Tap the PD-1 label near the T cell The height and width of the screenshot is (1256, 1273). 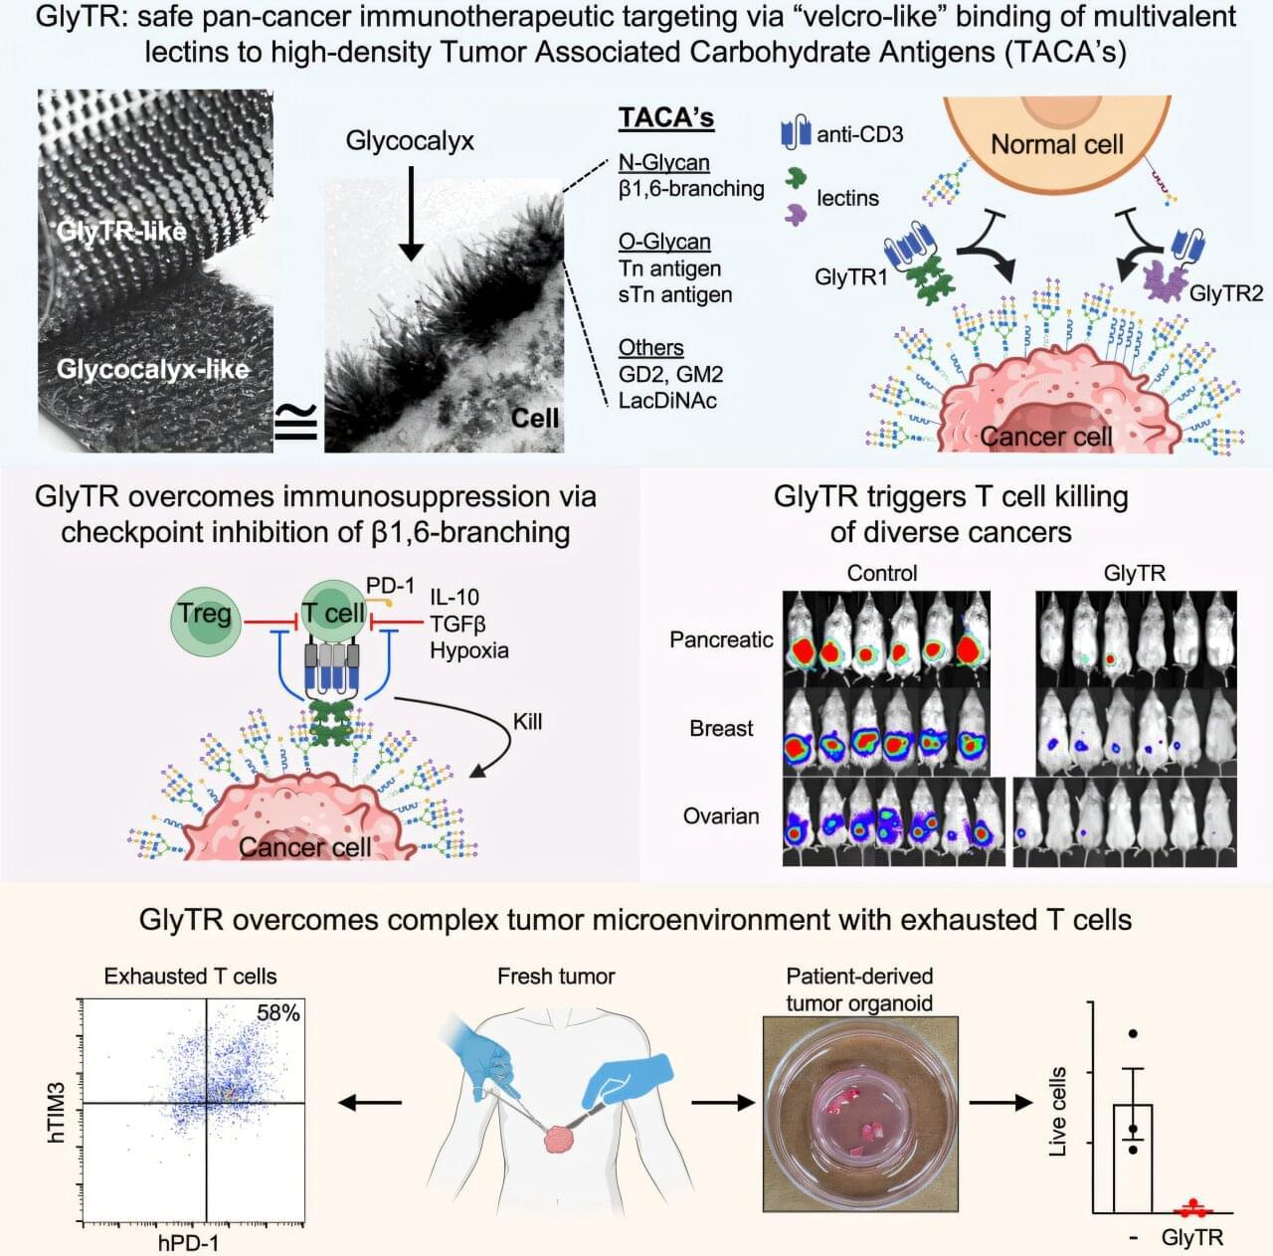390,586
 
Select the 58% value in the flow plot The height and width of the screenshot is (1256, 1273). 278,1012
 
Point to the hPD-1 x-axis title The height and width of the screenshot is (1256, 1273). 188,1242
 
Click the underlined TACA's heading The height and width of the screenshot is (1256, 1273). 665,117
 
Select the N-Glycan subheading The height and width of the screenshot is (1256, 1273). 663,162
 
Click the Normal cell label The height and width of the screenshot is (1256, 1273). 1056,144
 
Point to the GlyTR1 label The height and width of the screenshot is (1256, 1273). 850,276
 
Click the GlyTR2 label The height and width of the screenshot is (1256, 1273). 1225,293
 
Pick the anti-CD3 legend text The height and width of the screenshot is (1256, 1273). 859,133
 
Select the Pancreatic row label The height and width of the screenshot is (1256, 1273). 721,639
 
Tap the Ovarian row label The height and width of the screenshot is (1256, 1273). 721,816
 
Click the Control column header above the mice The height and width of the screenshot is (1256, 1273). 882,573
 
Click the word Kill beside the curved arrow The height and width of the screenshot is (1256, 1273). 527,721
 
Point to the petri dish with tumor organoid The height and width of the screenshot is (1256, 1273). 860,1115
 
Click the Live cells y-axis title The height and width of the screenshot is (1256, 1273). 1057,1112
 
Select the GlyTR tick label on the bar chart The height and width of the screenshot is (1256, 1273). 1191,1238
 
